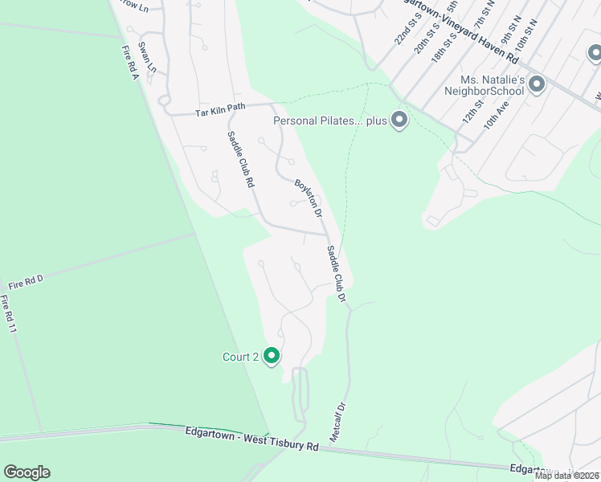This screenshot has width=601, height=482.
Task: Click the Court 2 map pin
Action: (x=272, y=356)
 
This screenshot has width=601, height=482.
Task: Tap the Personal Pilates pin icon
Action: (x=399, y=121)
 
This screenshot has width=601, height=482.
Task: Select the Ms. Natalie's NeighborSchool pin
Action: (x=537, y=84)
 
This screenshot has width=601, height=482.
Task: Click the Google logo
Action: (x=27, y=472)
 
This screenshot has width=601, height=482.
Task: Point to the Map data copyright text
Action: (x=566, y=476)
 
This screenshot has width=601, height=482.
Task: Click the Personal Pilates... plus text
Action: (x=330, y=121)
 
